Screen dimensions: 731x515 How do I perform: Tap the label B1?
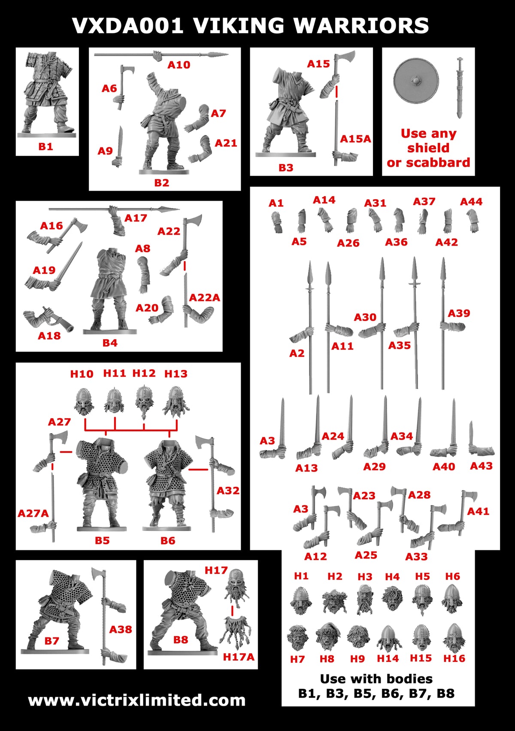[x=45, y=146]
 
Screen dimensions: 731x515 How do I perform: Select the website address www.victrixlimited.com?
[x=136, y=700]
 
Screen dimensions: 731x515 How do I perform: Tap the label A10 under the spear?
[x=179, y=65]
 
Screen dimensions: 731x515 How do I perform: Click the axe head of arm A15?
[x=346, y=59]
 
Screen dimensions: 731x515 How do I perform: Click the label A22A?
[x=204, y=297]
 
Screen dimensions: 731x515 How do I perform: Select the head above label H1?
[x=301, y=600]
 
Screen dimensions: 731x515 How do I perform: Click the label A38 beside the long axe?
[x=120, y=629]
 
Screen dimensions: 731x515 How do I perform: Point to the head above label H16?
[x=454, y=637]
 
